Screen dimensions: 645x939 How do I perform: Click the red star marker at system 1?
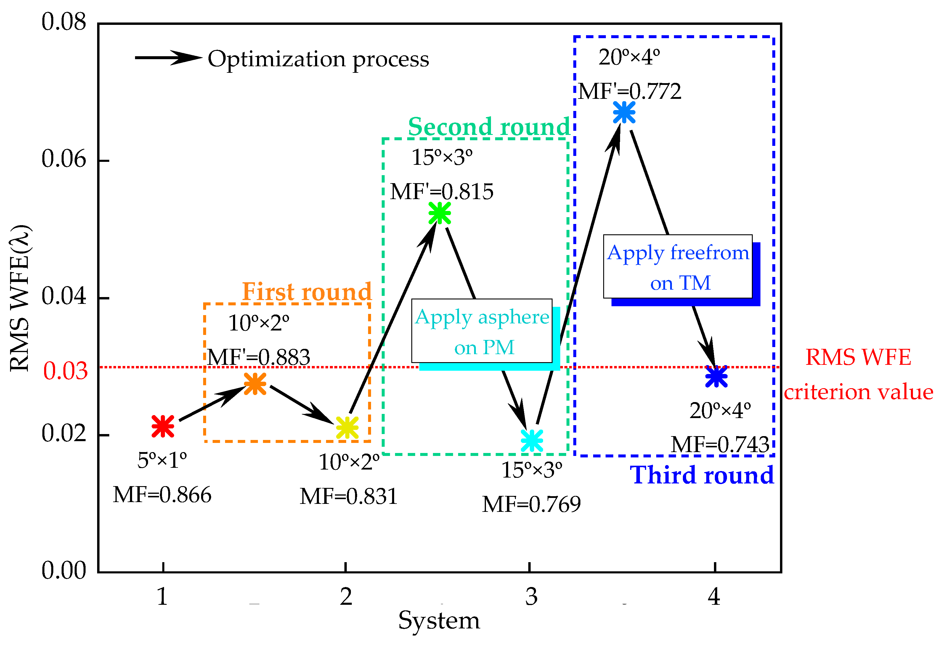163,426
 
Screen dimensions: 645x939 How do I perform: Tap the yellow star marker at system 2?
347,428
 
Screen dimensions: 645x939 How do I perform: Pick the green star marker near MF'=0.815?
439,213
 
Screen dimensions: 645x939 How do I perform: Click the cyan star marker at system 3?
532,440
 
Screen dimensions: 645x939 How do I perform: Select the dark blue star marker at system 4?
716,376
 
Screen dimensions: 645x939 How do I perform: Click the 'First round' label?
306,291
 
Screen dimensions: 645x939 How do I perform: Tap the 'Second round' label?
489,127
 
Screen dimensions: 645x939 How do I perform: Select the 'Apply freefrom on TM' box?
678,267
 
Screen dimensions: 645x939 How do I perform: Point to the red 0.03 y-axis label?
65,371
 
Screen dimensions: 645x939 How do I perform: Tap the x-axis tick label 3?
531,596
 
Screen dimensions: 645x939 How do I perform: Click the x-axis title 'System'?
439,620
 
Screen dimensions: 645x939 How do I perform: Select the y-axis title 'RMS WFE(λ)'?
20,298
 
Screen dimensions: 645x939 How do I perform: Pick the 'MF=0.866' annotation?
162,495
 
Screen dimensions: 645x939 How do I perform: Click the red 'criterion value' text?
858,392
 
